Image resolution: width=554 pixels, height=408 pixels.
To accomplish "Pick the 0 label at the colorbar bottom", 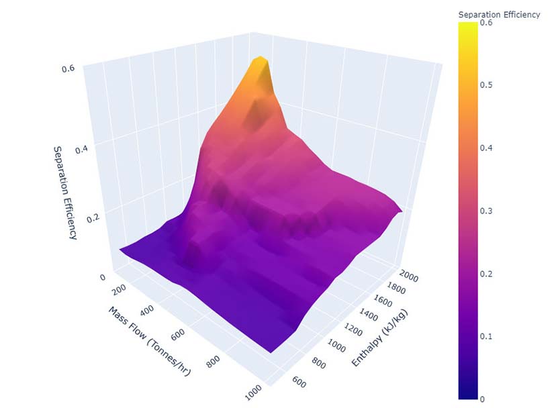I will pyautogui.click(x=482, y=399).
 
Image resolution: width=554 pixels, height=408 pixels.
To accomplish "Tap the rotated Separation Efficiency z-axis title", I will pyautogui.click(x=64, y=193).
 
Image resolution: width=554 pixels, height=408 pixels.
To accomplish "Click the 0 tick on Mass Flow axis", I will pyautogui.click(x=102, y=276).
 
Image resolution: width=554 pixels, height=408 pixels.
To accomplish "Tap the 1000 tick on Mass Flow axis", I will pyautogui.click(x=253, y=394).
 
